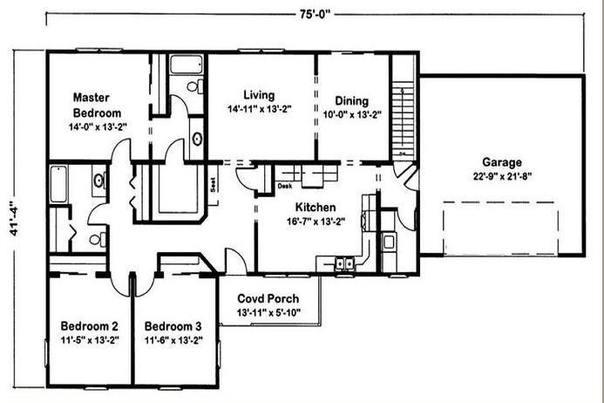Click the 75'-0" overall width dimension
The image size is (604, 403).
point(315,14)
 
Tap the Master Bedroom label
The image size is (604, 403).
point(97,105)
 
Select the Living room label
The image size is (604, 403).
point(259,95)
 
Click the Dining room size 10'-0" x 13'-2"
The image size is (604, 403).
point(352,114)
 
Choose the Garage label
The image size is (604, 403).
point(502,162)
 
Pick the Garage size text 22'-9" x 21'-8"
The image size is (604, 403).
point(502,176)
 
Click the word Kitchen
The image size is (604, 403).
point(316,207)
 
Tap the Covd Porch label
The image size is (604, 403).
point(268,298)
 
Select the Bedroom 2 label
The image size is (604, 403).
point(90,326)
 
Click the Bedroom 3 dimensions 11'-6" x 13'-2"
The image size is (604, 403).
point(173,340)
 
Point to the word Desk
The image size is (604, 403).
point(285,187)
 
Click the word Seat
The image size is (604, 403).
point(213,184)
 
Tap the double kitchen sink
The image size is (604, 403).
point(345,263)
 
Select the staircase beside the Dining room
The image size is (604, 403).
point(404,119)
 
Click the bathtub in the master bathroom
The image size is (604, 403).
point(187,65)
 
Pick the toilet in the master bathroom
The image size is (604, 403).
point(195,86)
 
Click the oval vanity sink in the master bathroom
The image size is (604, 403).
point(197,139)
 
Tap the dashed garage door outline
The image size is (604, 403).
point(500,229)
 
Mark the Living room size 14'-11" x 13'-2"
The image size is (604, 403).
point(259,109)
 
